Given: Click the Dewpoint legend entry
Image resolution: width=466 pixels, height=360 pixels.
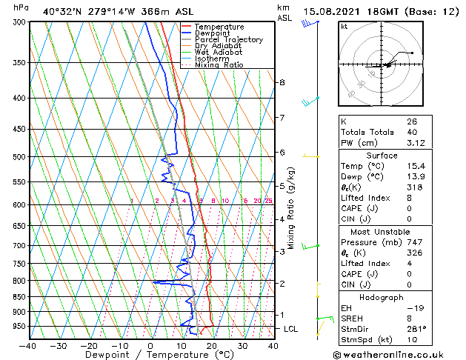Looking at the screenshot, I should pyautogui.click(x=210, y=33).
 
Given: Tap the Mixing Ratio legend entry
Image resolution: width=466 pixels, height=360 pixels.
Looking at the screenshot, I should pyautogui.click(x=219, y=65).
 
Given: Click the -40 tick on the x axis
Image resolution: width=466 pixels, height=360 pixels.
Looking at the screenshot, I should pyautogui.click(x=28, y=346).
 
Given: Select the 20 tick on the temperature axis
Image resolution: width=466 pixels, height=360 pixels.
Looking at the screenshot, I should pyautogui.click(x=211, y=346).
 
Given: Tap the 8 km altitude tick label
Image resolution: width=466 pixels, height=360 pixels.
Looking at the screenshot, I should pyautogui.click(x=282, y=82).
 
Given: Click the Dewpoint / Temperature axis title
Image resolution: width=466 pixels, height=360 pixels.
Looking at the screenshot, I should pyautogui.click(x=150, y=355).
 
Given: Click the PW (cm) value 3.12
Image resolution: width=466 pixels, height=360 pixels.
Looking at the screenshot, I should pyautogui.click(x=416, y=143).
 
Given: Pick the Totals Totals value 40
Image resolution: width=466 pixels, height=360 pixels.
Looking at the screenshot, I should pyautogui.click(x=411, y=132).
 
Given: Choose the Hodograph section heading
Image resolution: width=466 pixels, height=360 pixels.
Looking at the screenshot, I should pyautogui.click(x=381, y=297).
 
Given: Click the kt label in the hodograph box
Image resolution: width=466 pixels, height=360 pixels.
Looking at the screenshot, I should pyautogui.click(x=344, y=27).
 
